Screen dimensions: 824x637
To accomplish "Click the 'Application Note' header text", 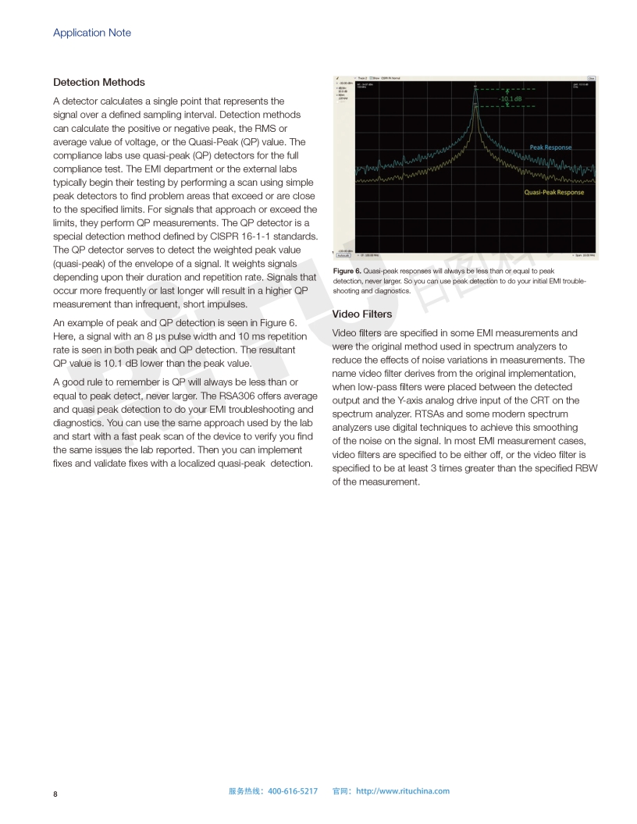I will [x=92, y=33].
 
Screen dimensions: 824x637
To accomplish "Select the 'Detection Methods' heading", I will [x=99, y=82].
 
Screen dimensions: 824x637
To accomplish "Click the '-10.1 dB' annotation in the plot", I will [x=511, y=99].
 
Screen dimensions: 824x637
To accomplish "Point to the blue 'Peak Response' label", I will [x=550, y=147].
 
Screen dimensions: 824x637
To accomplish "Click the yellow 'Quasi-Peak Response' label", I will [x=553, y=192].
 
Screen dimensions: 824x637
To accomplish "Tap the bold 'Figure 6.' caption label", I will [x=347, y=271].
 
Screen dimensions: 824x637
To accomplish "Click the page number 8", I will [x=55, y=794].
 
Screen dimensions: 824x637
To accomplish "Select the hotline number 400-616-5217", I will [x=293, y=791].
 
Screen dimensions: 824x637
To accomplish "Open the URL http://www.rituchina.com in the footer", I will [x=403, y=791].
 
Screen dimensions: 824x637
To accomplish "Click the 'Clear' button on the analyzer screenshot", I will [x=591, y=78].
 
